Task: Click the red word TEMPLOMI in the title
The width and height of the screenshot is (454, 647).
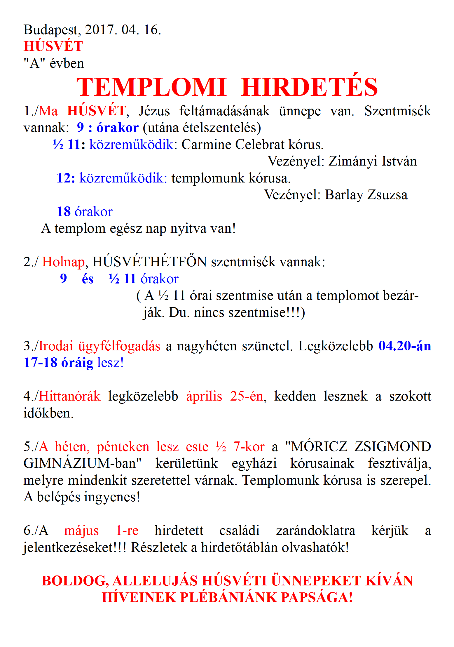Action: pyautogui.click(x=151, y=87)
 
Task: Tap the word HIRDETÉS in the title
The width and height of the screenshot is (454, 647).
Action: pyautogui.click(x=309, y=87)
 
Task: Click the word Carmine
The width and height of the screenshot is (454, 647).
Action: pyautogui.click(x=206, y=145)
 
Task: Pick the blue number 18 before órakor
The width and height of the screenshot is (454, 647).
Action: pyautogui.click(x=64, y=212)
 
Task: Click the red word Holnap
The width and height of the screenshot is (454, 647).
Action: pyautogui.click(x=63, y=262)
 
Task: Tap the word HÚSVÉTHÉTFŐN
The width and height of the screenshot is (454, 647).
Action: pyautogui.click(x=149, y=262)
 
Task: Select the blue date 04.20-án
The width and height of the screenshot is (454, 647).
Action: pyautogui.click(x=404, y=346)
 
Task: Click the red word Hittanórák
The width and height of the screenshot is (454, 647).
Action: pyautogui.click(x=69, y=396)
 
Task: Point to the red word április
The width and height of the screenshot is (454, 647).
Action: pyautogui.click(x=204, y=396)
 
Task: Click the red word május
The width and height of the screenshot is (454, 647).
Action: pyautogui.click(x=81, y=531)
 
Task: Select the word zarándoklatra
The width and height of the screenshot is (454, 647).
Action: pyautogui.click(x=315, y=531)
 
